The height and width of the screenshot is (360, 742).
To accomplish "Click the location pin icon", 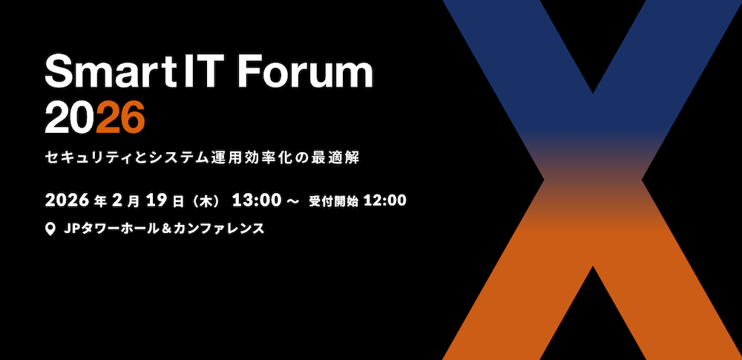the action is [x=50, y=229].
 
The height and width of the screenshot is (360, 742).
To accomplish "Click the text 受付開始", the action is [x=334, y=201].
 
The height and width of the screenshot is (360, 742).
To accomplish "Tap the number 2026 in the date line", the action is [x=67, y=200].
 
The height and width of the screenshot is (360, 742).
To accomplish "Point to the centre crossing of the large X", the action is [x=592, y=180].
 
